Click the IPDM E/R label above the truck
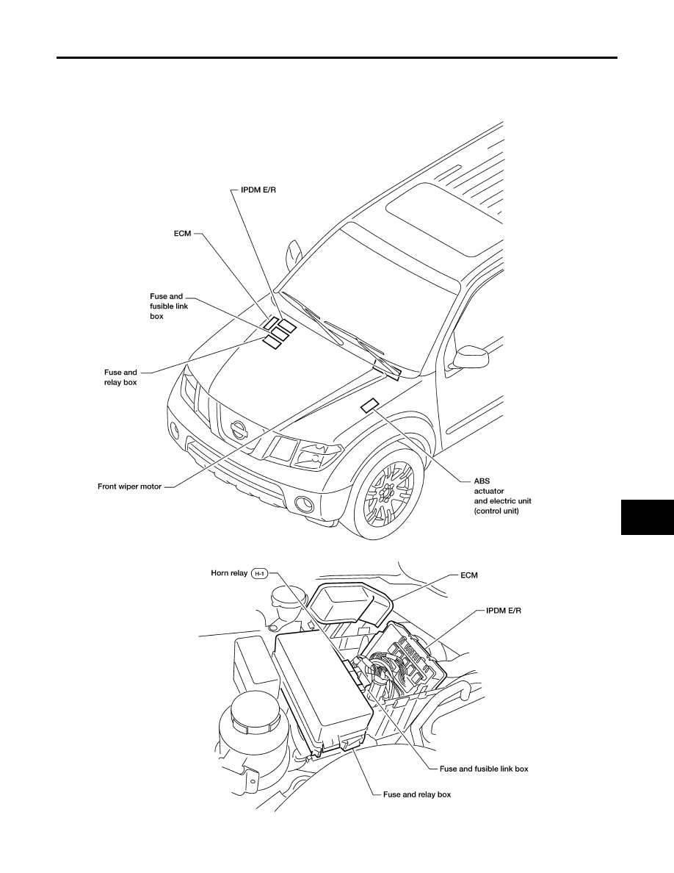tap(258, 190)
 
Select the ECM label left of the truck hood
tap(182, 233)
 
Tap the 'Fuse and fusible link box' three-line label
tap(169, 306)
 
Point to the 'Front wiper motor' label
tap(129, 486)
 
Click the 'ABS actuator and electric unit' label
tap(502, 495)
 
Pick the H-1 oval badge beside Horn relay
tap(260, 573)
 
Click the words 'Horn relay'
tap(229, 573)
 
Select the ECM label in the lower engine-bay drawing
tap(469, 575)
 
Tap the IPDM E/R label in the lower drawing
tap(504, 611)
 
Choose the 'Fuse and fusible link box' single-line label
tap(484, 769)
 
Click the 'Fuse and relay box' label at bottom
tap(417, 794)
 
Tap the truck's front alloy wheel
tap(388, 488)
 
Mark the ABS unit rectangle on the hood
tap(370, 406)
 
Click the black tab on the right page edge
tap(648, 517)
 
